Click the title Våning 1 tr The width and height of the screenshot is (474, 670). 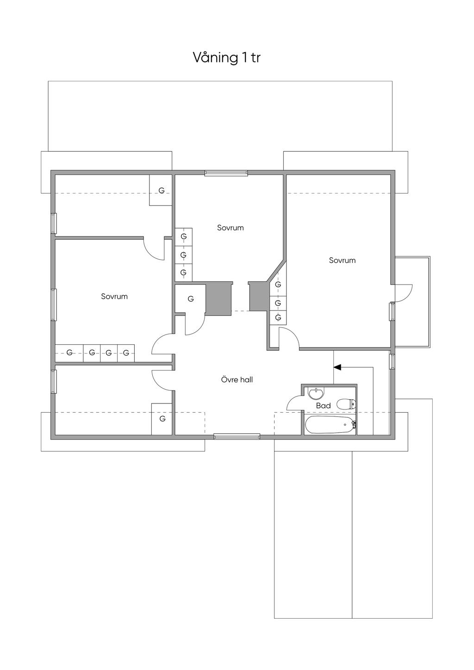[226, 57]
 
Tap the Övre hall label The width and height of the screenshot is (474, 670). [237, 380]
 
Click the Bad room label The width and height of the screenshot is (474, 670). [323, 406]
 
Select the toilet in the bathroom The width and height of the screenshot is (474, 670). [346, 404]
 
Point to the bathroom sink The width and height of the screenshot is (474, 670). [316, 394]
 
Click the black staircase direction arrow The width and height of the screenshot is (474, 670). [337, 367]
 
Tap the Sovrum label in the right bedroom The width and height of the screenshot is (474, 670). [343, 260]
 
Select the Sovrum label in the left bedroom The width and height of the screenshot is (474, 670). [114, 297]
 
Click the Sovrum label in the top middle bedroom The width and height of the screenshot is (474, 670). [231, 228]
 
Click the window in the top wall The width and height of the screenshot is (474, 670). [226, 173]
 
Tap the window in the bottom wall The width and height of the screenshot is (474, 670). [237, 437]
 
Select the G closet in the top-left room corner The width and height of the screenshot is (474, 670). [161, 190]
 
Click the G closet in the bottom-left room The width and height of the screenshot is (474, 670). [162, 419]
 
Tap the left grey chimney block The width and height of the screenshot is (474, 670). [219, 298]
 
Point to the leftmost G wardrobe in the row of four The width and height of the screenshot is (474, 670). [69, 353]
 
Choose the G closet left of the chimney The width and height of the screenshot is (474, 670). [190, 299]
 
